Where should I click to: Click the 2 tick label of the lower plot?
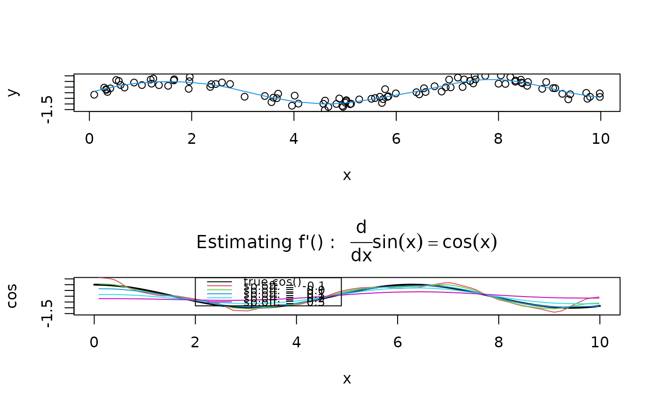pyautogui.click(x=195, y=342)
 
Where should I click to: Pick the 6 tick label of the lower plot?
pyautogui.click(x=398, y=342)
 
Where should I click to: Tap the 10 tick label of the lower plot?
pyautogui.click(x=600, y=342)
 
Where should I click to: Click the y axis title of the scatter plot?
pyautogui.click(x=13, y=92)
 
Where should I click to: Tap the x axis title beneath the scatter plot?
pyautogui.click(x=347, y=175)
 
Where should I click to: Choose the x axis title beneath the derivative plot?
pyautogui.click(x=347, y=379)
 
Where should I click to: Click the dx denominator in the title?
pyautogui.click(x=361, y=255)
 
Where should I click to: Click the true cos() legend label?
pyautogui.click(x=272, y=282)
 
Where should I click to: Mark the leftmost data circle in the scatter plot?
pyautogui.click(x=94, y=94)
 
